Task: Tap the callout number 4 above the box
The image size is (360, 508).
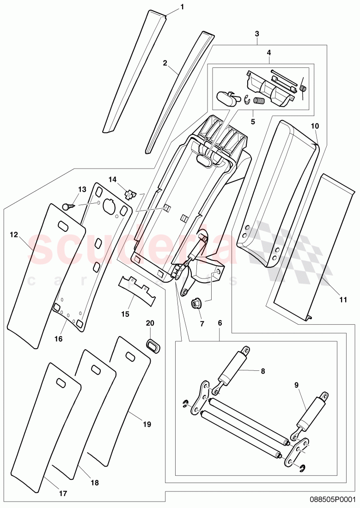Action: pyautogui.click(x=268, y=53)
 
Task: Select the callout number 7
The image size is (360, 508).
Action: pyautogui.click(x=201, y=324)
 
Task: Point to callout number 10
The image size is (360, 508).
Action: pyautogui.click(x=315, y=126)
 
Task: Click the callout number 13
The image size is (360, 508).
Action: pyautogui.click(x=82, y=189)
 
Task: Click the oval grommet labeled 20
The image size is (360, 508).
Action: pyautogui.click(x=153, y=345)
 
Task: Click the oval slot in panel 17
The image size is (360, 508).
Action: pyautogui.click(x=61, y=382)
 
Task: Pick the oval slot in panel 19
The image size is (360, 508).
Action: pyautogui.click(x=129, y=355)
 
